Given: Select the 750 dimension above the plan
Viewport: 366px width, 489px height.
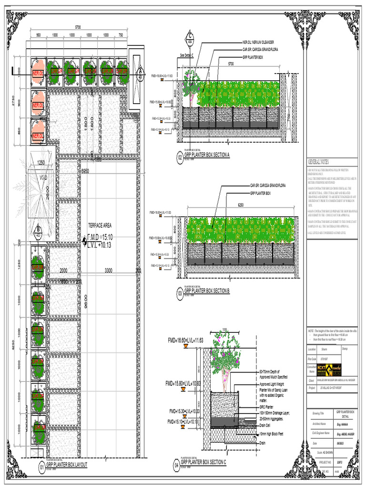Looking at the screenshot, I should pos(121,35).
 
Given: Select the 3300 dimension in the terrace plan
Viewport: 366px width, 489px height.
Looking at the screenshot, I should pos(108,270).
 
